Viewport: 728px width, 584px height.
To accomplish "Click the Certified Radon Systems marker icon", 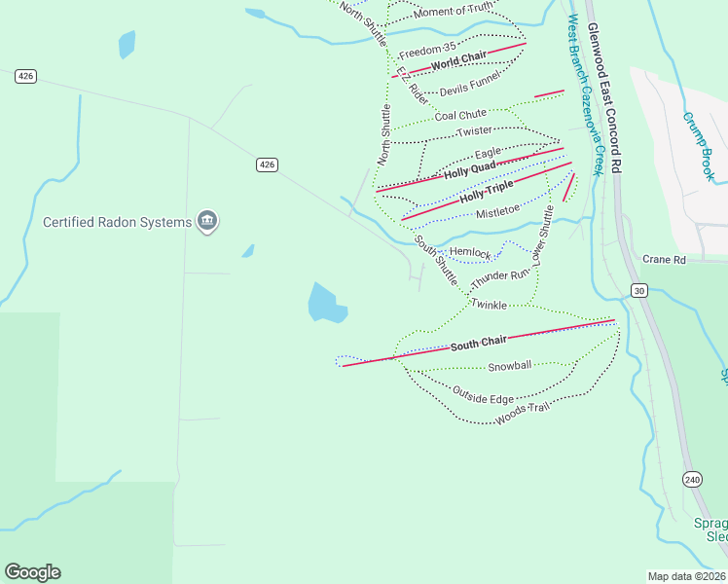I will click(x=206, y=222).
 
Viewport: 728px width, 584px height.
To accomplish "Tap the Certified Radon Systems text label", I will click(x=117, y=222).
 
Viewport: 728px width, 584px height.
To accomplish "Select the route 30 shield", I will click(x=638, y=290).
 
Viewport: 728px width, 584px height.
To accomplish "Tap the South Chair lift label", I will click(x=479, y=345).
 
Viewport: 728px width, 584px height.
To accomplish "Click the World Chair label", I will click(x=458, y=63).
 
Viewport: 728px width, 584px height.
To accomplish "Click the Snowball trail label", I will click(x=510, y=366).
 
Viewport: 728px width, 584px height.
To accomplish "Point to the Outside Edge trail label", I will click(x=483, y=395).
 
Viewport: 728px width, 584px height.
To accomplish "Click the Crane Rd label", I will click(x=665, y=260).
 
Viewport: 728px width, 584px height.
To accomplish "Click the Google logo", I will click(x=32, y=572).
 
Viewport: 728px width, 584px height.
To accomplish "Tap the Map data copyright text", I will click(x=686, y=576).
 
